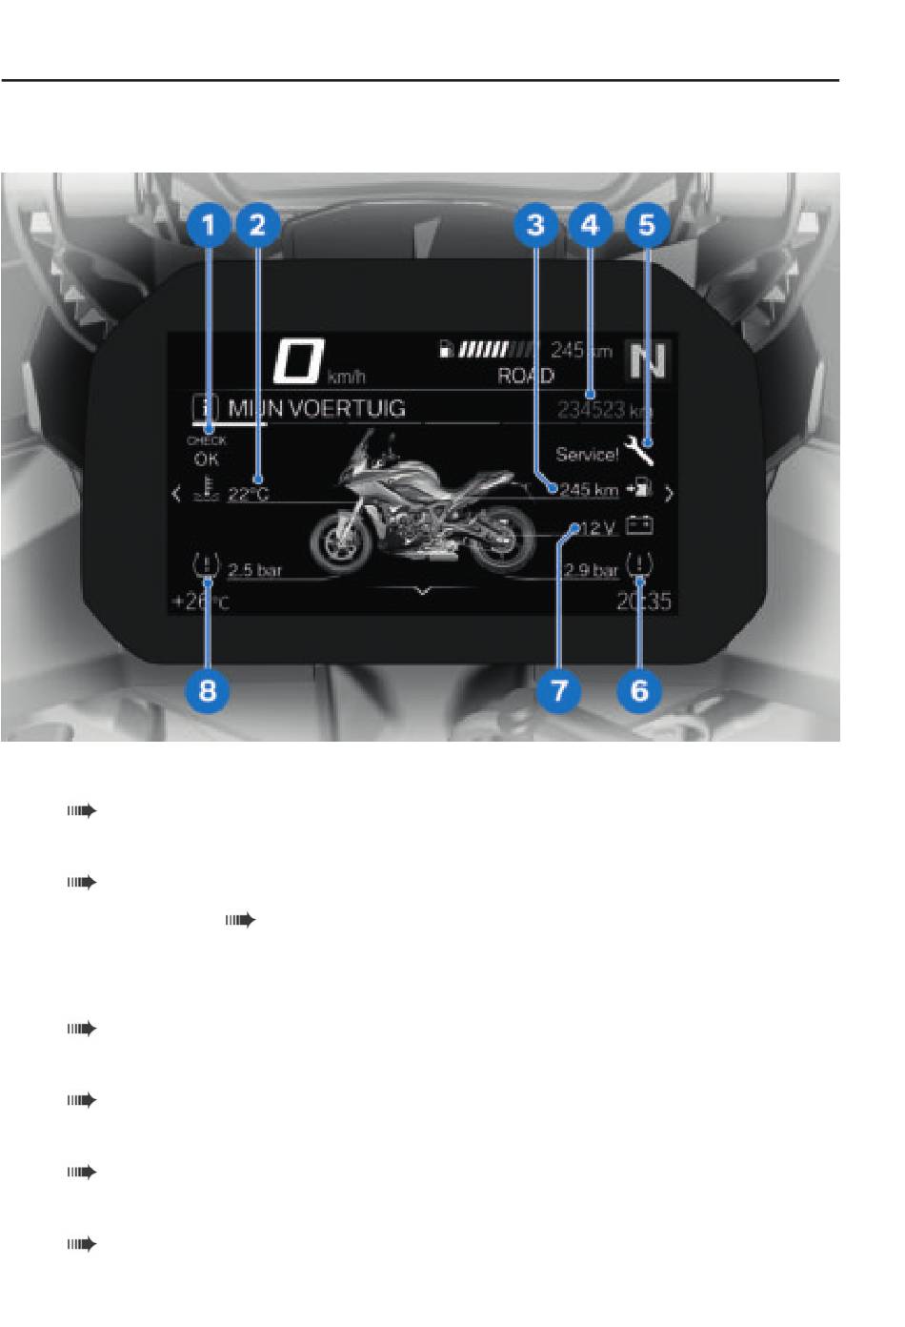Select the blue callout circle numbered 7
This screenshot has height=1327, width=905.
[559, 689]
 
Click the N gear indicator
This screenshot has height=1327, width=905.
[648, 360]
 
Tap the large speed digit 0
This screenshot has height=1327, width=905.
[297, 360]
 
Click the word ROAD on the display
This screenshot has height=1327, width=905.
[525, 376]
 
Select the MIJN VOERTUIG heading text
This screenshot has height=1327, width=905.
[316, 409]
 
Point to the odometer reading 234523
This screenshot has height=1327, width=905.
[592, 410]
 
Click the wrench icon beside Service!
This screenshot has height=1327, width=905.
[639, 449]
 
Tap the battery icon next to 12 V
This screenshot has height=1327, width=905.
[639, 525]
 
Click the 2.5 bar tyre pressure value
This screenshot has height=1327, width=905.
[254, 570]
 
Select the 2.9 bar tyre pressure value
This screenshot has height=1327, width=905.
[592, 570]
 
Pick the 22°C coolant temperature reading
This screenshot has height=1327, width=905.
[249, 495]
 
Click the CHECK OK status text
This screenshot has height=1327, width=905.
[207, 450]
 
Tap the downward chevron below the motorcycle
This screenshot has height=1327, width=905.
[423, 591]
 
